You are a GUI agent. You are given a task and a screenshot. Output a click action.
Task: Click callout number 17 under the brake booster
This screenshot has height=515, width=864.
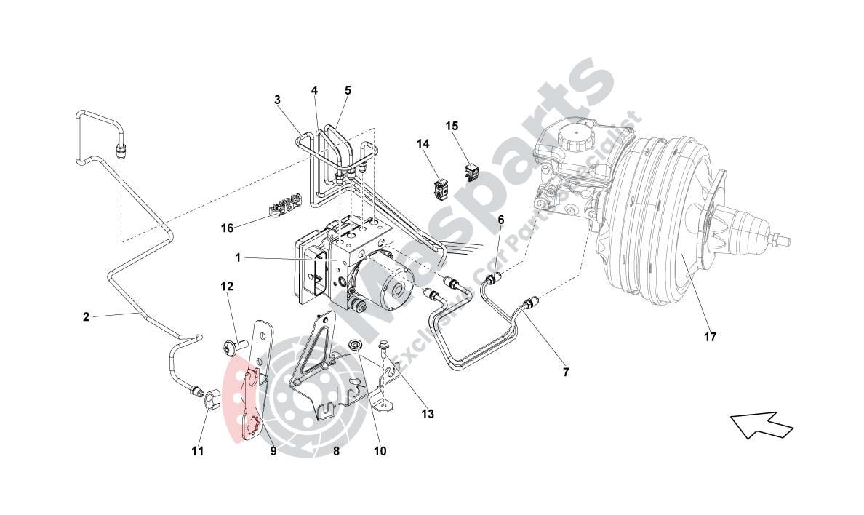710,337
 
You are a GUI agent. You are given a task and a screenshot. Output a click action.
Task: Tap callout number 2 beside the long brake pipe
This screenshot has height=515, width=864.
86,316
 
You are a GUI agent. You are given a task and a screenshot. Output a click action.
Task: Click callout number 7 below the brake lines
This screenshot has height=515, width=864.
566,372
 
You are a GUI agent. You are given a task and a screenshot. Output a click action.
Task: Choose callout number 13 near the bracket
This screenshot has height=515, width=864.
428,414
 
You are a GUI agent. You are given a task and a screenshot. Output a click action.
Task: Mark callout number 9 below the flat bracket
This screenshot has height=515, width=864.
273,451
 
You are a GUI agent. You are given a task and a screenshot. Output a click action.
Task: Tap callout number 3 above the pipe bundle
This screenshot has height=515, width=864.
278,100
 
